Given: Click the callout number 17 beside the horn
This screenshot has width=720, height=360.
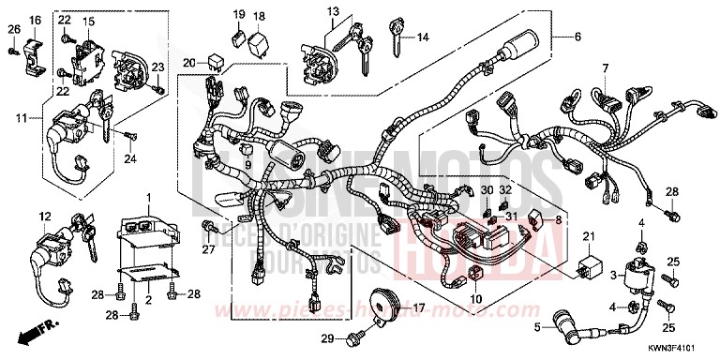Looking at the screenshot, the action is pos(419,307).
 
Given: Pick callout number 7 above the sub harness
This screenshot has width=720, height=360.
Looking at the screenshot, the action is pos(606,68).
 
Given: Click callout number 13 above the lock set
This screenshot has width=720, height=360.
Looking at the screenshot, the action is pos(332,11).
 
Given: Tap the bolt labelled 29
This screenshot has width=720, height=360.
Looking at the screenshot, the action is pos(355,336).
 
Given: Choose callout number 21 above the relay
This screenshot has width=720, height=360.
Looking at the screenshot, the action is pos(590,233).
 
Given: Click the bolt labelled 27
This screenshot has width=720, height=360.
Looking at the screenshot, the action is pos(209,226).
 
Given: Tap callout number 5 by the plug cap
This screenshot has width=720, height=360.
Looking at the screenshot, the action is pos(538,327).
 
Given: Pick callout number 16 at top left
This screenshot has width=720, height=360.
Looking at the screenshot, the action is pos(35,20).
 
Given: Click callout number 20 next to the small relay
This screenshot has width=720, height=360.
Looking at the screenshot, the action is pos(188,62).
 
